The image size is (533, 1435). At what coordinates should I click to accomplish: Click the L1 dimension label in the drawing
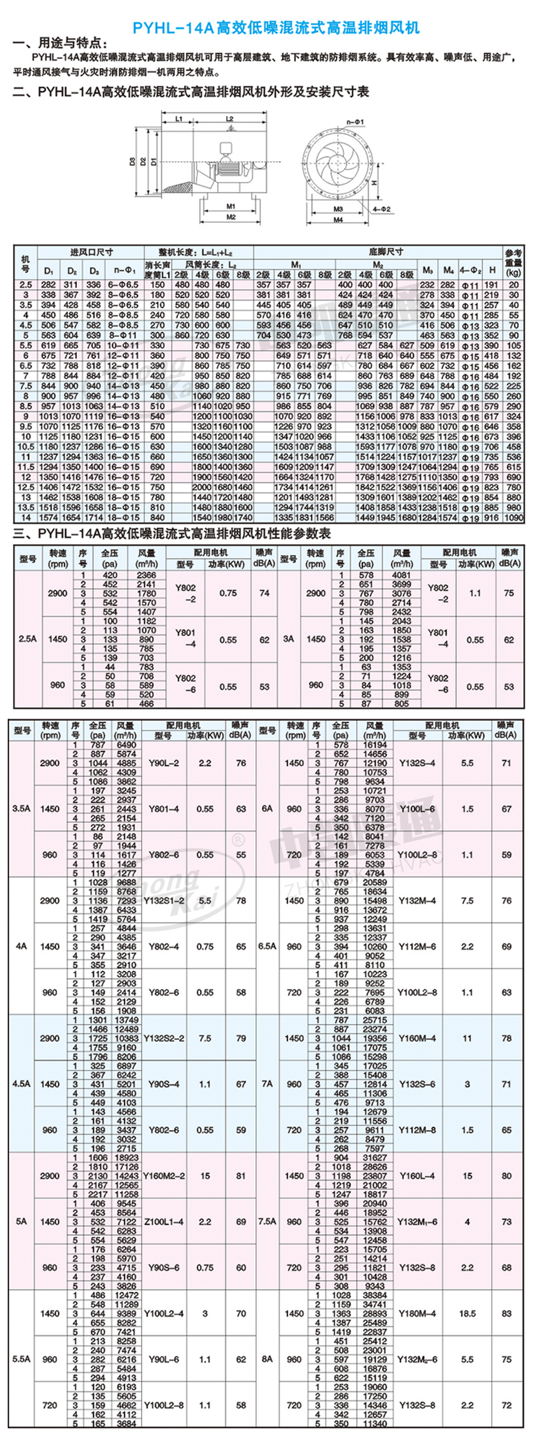tap(179, 119)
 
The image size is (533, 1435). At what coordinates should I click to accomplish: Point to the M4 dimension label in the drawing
tap(338, 220)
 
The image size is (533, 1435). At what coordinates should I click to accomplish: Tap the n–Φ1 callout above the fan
tap(356, 122)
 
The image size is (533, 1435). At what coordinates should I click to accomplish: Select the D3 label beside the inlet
tap(133, 161)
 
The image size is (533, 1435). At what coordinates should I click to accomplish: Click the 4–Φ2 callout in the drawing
tap(382, 210)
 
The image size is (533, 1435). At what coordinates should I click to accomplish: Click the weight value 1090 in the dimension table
tap(513, 518)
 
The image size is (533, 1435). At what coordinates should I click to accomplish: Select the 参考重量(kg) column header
tap(513, 262)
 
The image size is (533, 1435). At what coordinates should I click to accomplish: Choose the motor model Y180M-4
tap(417, 1313)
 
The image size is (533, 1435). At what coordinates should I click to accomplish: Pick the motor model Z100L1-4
tap(163, 1221)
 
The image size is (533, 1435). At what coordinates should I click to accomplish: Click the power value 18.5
tap(467, 1313)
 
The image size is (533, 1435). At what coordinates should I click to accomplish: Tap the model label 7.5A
tap(267, 1221)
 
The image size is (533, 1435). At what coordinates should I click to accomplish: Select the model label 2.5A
tap(27, 639)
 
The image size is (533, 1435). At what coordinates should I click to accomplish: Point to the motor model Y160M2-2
tap(163, 1176)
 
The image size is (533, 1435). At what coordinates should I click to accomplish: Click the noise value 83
tap(506, 1313)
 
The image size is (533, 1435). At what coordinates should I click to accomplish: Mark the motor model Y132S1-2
tap(163, 900)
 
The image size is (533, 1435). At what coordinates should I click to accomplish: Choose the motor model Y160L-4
tap(417, 1176)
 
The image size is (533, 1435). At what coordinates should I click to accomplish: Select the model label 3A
tap(288, 639)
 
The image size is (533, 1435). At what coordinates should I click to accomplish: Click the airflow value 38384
tap(375, 1295)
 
